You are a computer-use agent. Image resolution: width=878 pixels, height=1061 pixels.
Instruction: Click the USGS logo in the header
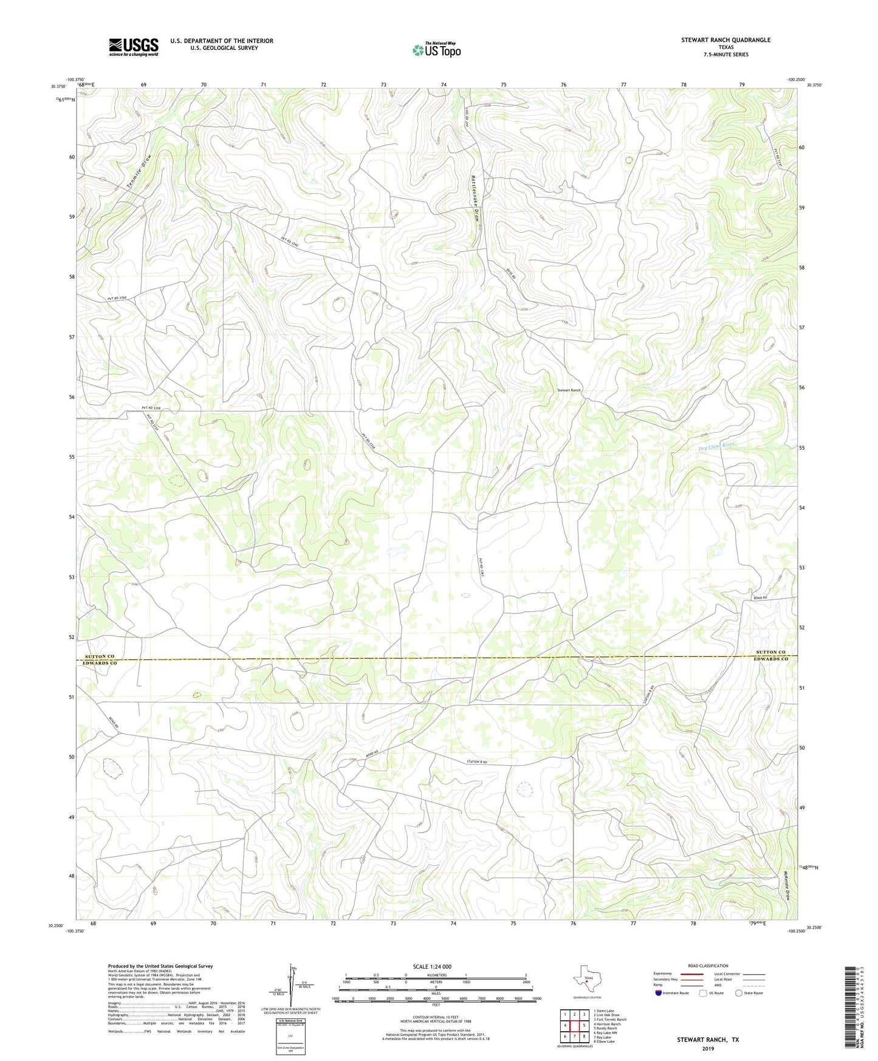134,47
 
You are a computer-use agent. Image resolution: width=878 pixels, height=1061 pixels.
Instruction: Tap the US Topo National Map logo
437,49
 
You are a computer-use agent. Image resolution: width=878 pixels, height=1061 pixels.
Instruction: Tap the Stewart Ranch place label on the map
569,390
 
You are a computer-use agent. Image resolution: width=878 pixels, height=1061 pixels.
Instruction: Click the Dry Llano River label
716,445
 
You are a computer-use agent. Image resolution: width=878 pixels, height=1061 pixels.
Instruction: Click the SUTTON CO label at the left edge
100,656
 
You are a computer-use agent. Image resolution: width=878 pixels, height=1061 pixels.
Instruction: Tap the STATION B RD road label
477,761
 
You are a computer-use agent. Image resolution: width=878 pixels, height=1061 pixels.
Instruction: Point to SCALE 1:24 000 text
432,967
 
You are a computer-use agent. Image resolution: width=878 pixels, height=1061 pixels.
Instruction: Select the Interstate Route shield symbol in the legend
658,993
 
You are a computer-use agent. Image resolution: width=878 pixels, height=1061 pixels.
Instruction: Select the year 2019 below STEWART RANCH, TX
708,1048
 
